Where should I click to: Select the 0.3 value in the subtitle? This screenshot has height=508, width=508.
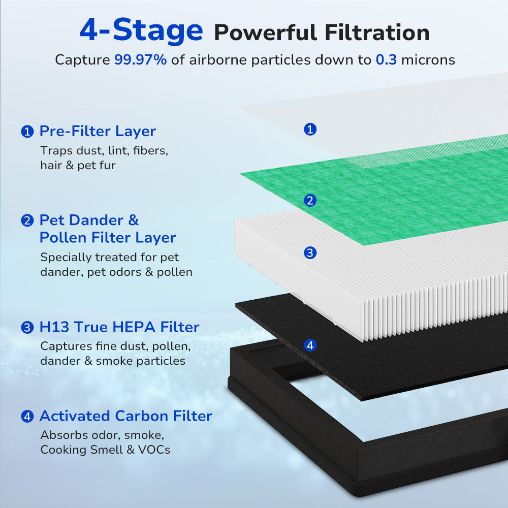click(386, 59)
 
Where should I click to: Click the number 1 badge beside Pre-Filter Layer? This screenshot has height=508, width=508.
click(27, 132)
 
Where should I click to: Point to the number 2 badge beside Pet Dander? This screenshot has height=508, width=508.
click(27, 221)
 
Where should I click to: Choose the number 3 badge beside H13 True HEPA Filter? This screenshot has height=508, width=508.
click(27, 328)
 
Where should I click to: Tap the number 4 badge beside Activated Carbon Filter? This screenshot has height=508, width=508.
click(27, 417)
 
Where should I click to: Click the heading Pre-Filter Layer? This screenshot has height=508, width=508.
click(98, 131)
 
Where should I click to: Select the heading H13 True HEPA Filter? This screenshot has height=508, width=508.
click(119, 327)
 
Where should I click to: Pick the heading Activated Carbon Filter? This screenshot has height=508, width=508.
click(125, 416)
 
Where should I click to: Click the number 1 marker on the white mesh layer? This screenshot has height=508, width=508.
click(310, 129)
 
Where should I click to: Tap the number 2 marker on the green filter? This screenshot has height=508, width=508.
click(310, 200)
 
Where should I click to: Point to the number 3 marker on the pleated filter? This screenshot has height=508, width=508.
click(310, 252)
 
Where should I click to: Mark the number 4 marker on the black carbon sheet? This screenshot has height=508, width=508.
click(310, 345)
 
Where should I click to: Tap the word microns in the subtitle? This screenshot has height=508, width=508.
click(428, 59)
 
